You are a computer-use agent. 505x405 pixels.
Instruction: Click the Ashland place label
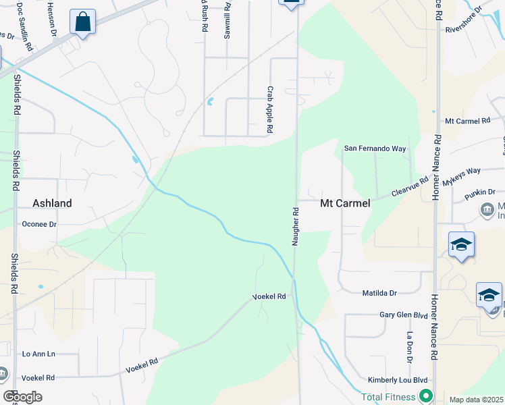coord(52,202)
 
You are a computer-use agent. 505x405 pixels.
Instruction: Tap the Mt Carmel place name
coord(345,202)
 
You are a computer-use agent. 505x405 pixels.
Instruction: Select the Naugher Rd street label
coord(295,227)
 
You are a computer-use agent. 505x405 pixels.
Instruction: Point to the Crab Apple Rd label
coord(269,109)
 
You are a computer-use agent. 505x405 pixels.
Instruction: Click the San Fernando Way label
coord(375,148)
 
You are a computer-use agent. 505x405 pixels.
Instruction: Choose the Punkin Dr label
coord(480,194)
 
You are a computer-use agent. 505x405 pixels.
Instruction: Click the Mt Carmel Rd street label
coord(467,121)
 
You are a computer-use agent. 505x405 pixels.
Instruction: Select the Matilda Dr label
coord(379,292)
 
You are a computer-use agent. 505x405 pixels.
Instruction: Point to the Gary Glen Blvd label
coord(404,315)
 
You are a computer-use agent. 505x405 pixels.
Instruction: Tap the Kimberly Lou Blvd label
coord(399,381)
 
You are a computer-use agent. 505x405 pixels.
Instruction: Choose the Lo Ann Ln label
coord(38,353)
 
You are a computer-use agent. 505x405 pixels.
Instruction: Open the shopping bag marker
coord(82,22)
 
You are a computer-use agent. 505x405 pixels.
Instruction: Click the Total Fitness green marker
coord(425,396)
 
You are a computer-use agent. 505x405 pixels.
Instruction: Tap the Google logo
coord(22,397)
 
